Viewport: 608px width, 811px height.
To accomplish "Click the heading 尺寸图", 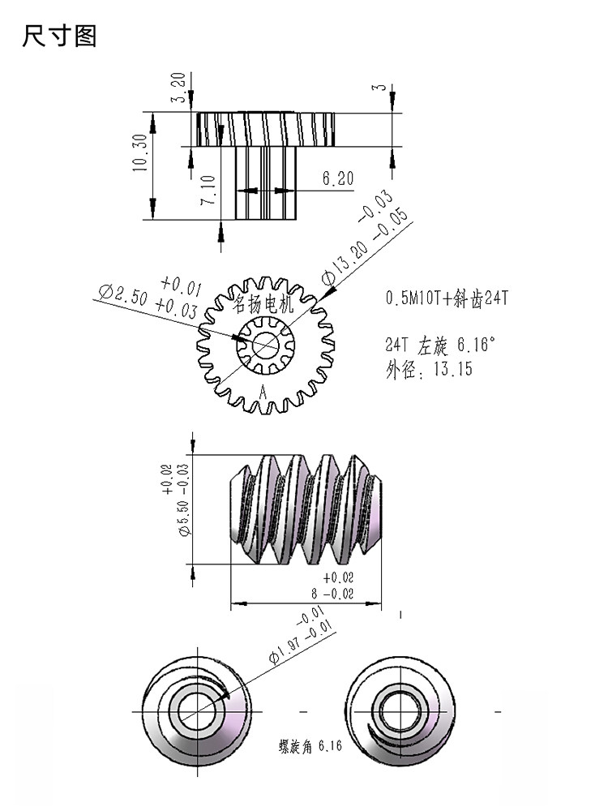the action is click(59, 36).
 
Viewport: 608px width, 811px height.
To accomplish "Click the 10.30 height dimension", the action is click(140, 152).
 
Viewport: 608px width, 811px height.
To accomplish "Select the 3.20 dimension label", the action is click(178, 88).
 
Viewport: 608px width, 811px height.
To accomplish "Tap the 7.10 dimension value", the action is click(208, 189).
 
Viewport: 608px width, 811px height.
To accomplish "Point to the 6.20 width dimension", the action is click(338, 178).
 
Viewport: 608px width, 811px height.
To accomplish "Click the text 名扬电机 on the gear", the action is click(263, 303).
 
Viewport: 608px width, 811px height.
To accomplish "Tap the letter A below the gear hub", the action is click(263, 392).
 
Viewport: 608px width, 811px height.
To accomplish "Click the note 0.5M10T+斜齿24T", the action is click(447, 298).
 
